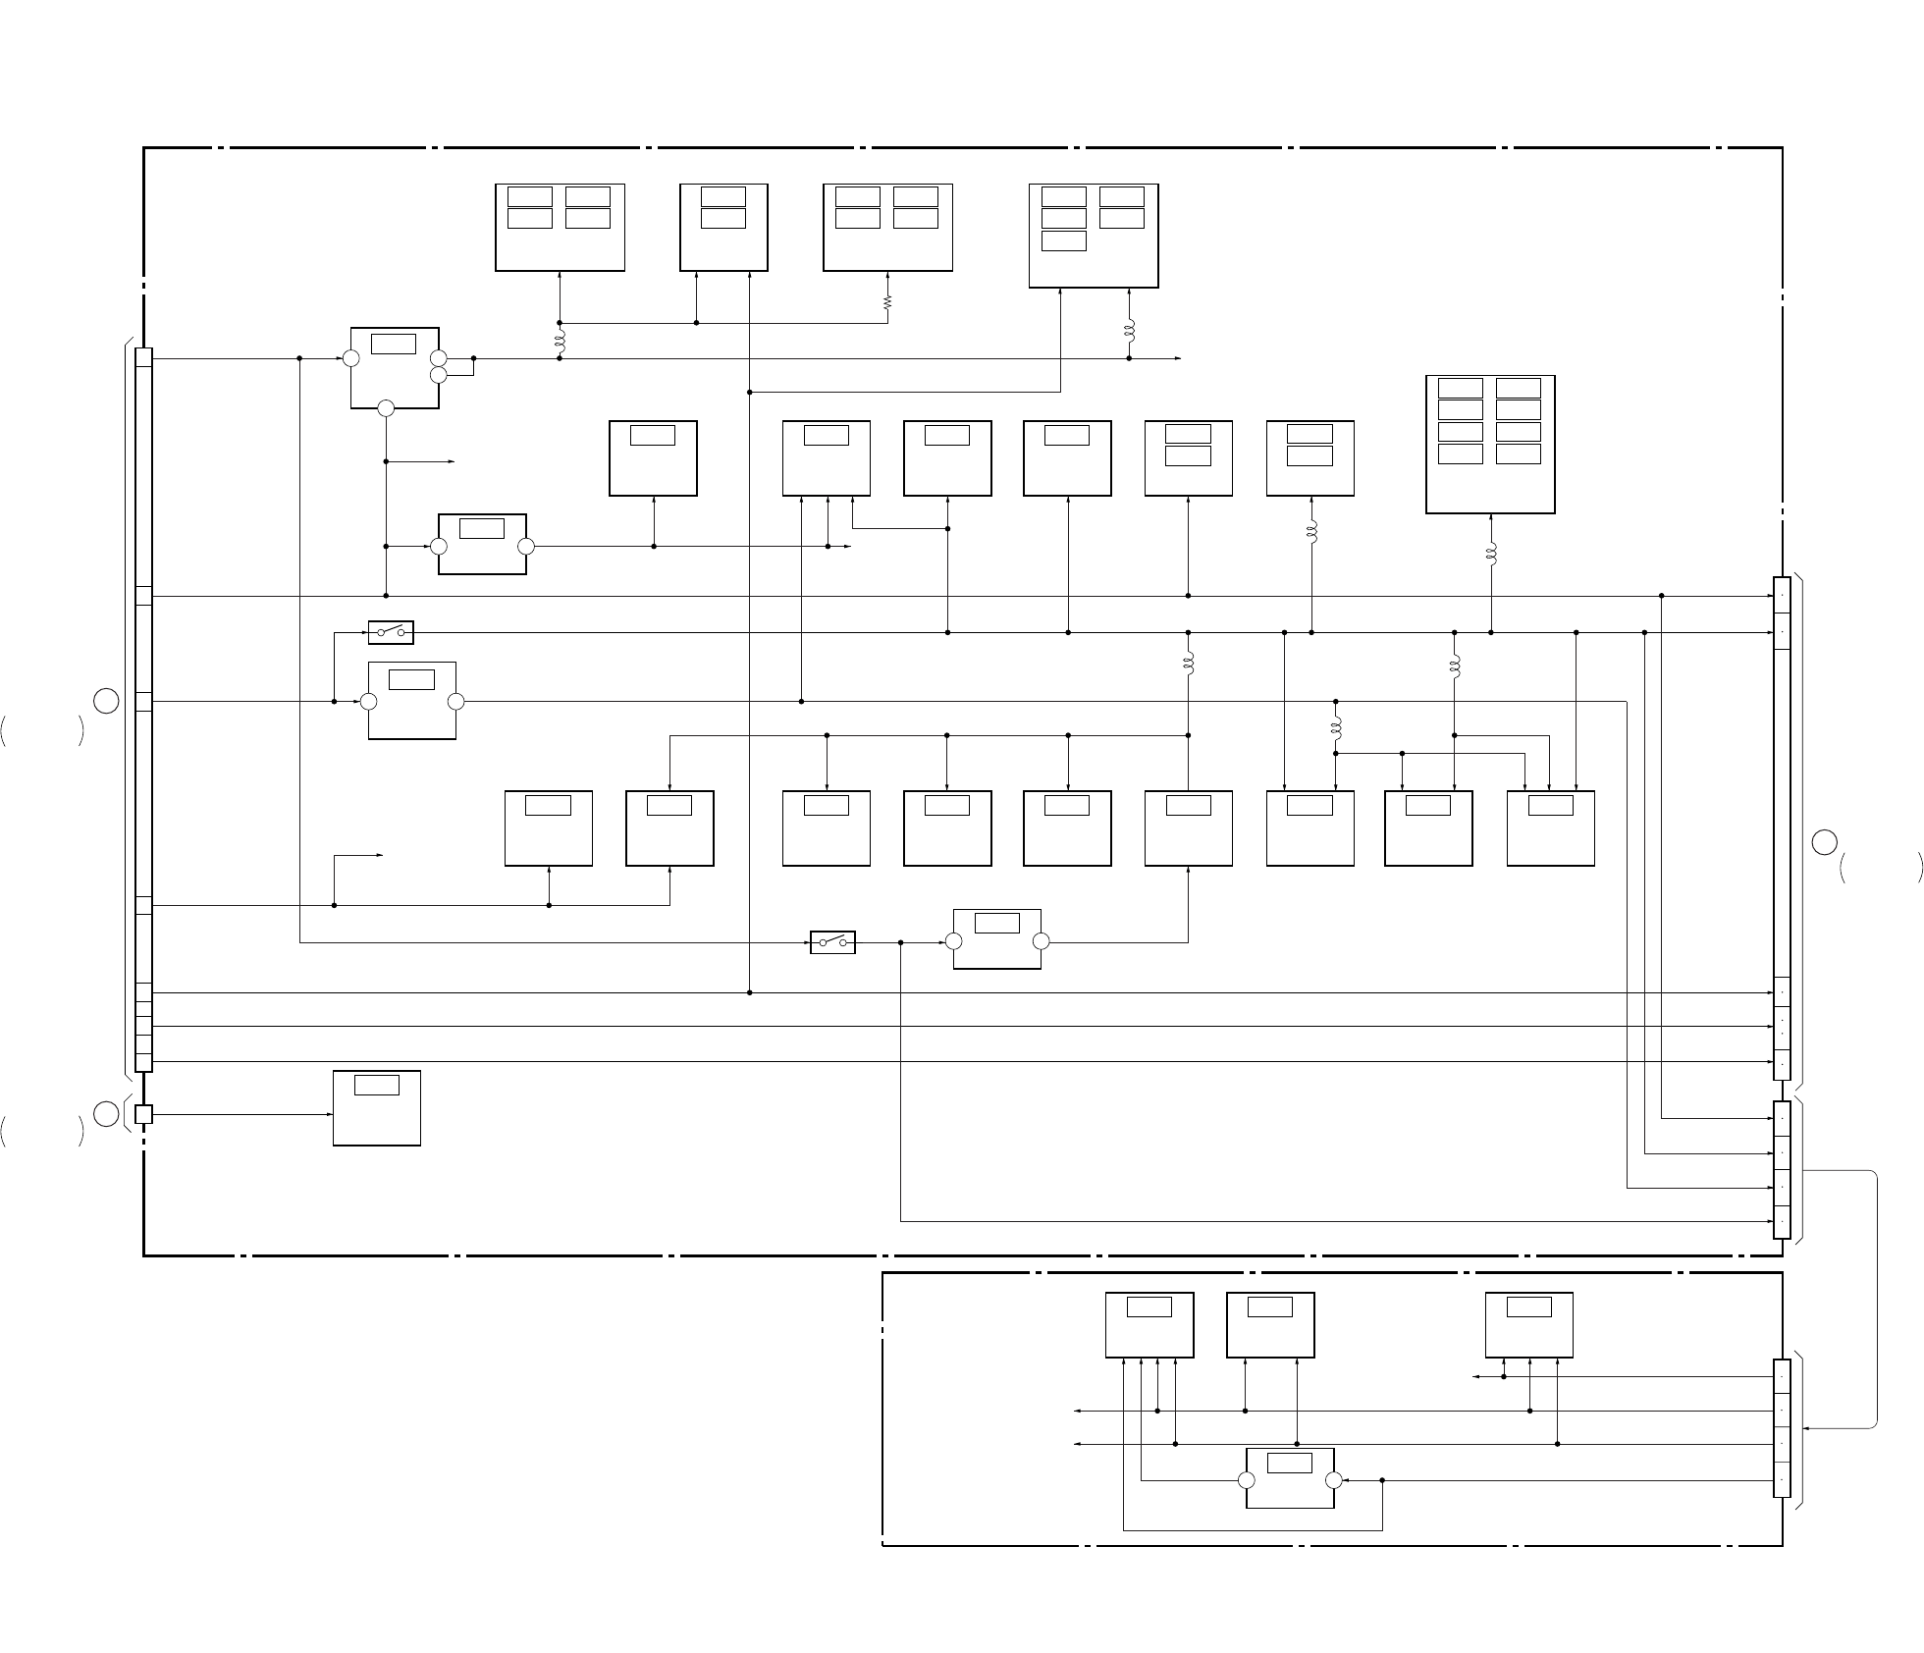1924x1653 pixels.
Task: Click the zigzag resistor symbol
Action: (887, 303)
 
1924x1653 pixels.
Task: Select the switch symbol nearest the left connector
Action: (391, 632)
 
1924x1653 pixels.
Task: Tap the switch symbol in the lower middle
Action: (832, 942)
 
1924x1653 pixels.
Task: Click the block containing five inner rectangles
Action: (1094, 236)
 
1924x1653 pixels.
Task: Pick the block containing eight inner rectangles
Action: (1490, 444)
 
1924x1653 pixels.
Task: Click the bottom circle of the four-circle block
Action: (386, 408)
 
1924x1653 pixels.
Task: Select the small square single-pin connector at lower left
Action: (143, 1114)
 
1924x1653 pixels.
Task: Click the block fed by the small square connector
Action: (377, 1107)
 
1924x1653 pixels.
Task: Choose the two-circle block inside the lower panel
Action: (1290, 1477)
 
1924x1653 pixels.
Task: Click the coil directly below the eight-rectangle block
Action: (1491, 554)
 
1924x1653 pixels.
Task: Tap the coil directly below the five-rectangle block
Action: (1129, 331)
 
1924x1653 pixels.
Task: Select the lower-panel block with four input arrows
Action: (1149, 1325)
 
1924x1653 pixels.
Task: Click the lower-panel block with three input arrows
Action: (1529, 1325)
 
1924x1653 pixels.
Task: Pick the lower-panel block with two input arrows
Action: (1270, 1325)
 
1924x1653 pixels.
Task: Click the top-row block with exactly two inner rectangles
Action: (723, 227)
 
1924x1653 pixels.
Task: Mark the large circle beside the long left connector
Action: (107, 701)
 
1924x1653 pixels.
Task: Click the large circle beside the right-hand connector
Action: (1824, 842)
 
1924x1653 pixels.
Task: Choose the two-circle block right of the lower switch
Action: (996, 938)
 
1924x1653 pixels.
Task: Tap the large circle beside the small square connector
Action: (107, 1114)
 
